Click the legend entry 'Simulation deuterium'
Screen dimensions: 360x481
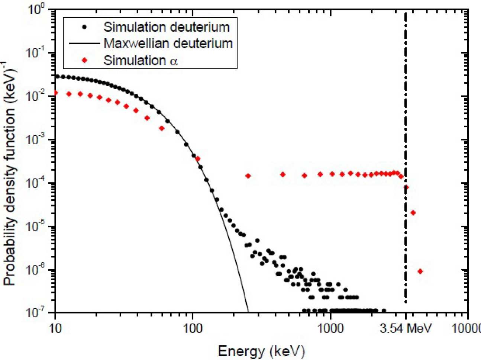coord(166,27)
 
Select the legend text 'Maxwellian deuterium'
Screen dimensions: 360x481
coord(168,44)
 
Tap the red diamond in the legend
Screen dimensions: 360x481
coord(85,60)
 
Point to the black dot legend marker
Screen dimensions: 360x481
coord(85,27)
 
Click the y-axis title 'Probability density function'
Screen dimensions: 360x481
coord(10,175)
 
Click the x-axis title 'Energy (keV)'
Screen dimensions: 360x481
coord(261,351)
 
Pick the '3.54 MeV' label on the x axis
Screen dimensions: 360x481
coord(406,328)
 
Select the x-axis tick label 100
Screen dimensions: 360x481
coord(193,328)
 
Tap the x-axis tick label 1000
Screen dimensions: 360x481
coord(330,328)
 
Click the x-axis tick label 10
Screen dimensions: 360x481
coord(55,328)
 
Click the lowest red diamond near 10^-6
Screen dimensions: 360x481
coord(420,271)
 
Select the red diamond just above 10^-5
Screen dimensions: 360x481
coord(413,213)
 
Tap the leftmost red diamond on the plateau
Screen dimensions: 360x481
coord(248,176)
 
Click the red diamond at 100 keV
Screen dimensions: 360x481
coord(198,159)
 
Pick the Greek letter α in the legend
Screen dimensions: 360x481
coord(174,61)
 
